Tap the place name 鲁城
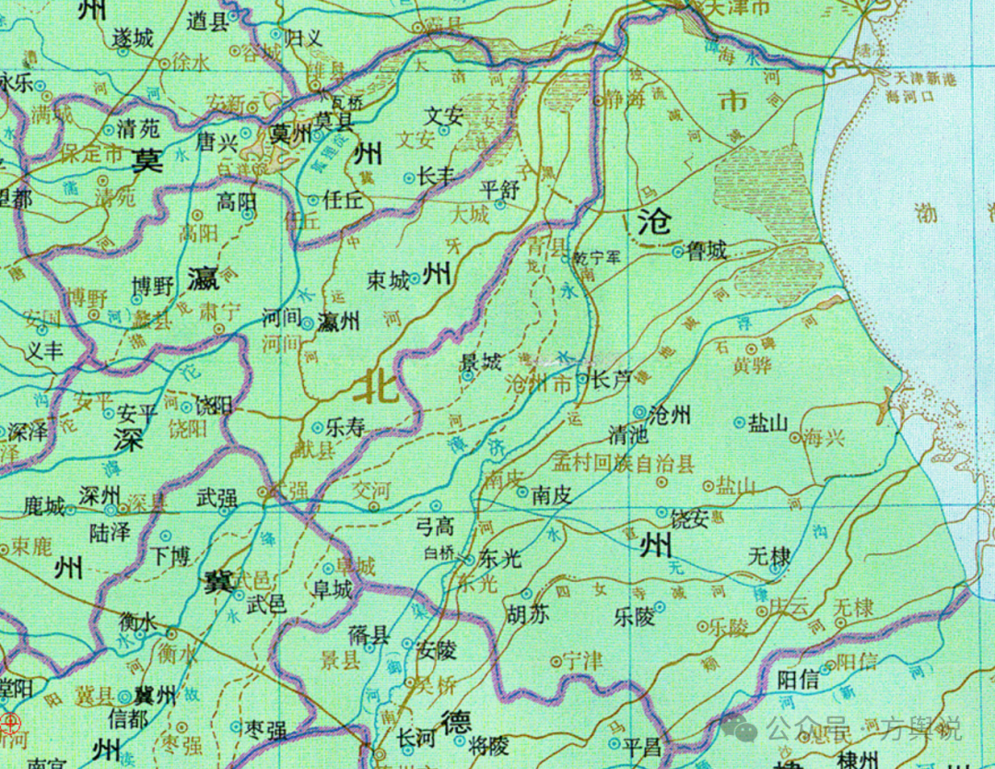click(x=707, y=250)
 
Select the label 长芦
click(x=610, y=378)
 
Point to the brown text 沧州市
click(x=539, y=384)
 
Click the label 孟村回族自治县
click(x=623, y=464)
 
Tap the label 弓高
click(x=436, y=526)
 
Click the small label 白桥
click(x=439, y=553)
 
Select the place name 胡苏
click(x=527, y=615)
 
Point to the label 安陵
click(x=436, y=650)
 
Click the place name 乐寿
click(x=345, y=428)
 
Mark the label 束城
click(x=388, y=280)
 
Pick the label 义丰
click(x=42, y=350)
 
